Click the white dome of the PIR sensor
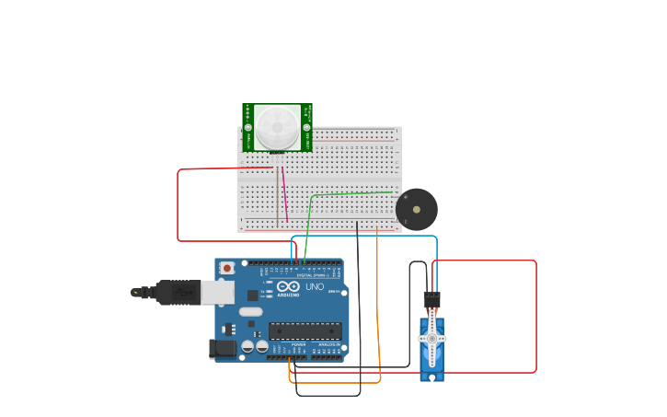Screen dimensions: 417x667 point(277,127)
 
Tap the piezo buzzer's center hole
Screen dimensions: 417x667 point(417,210)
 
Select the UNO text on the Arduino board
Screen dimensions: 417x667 point(315,287)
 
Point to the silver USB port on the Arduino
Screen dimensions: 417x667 point(218,293)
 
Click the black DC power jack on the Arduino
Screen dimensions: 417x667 point(223,349)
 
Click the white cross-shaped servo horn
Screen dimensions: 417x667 point(432,339)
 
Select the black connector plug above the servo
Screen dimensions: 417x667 point(431,299)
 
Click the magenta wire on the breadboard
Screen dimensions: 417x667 point(284,194)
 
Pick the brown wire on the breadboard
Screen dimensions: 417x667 point(278,198)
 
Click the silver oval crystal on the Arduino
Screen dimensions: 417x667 point(250,311)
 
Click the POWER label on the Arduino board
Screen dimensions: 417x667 point(298,344)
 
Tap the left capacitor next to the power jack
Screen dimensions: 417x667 point(247,347)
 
